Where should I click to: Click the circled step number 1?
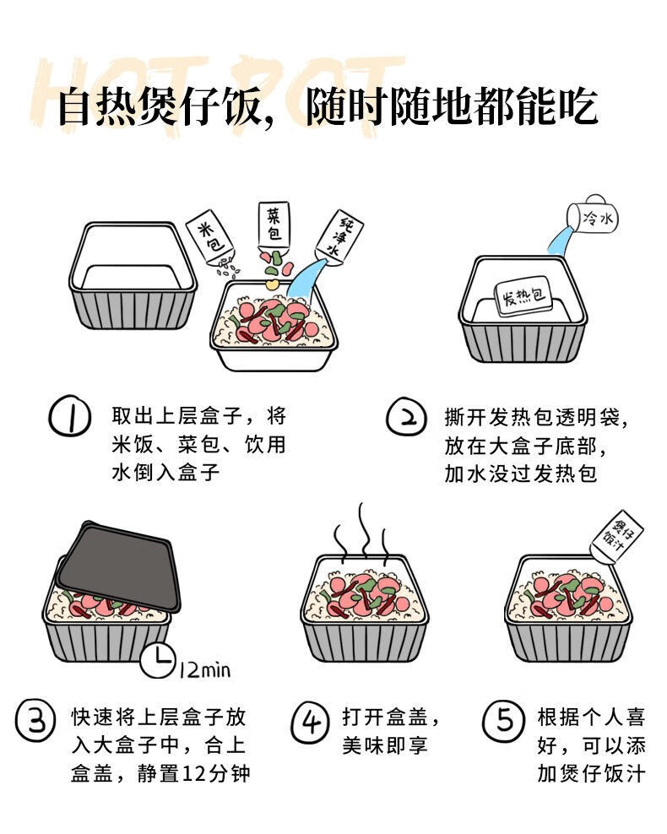70,415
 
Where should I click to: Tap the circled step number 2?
406,416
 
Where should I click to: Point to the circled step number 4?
310,722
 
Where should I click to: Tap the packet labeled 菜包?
274,225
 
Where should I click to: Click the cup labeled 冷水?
592,215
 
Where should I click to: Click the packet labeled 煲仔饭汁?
617,536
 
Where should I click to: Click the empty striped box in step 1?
133,275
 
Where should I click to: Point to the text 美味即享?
385,745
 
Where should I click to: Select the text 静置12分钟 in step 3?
193,773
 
